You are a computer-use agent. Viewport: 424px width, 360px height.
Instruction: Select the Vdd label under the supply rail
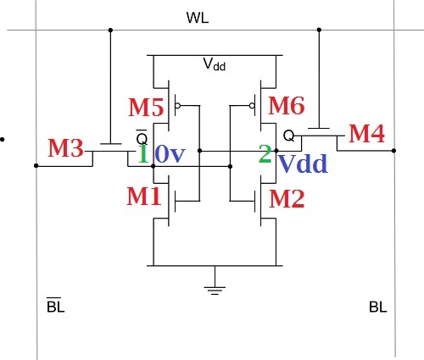[214, 64]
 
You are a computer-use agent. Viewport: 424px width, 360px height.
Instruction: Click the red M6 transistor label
[286, 106]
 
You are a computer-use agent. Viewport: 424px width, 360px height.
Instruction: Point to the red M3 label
[65, 148]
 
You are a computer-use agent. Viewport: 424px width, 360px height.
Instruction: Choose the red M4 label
[367, 133]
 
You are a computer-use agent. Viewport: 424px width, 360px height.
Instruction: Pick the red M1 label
[144, 197]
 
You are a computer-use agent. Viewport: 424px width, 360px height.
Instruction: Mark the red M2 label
[286, 198]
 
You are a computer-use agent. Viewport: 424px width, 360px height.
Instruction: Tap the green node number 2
[265, 153]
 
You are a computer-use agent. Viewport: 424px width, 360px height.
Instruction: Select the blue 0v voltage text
[170, 155]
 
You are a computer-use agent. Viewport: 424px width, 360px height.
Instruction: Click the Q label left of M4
[287, 135]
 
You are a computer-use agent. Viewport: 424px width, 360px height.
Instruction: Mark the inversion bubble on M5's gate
[177, 108]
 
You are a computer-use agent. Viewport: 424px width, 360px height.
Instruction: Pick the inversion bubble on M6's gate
[253, 108]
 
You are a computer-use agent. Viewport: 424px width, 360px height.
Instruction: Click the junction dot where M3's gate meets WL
[110, 31]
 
